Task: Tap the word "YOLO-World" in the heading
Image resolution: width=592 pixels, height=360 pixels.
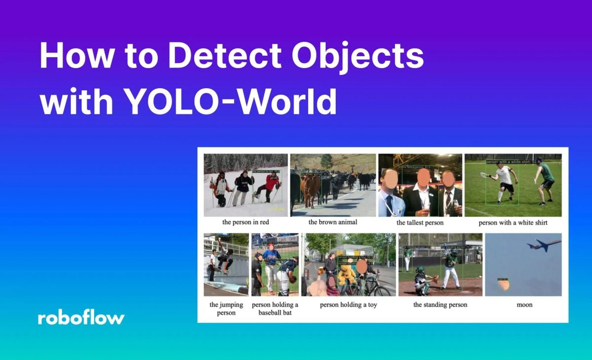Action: (x=230, y=102)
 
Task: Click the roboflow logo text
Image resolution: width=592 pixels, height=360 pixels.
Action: (x=81, y=318)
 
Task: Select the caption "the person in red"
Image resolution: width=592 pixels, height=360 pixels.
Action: (x=246, y=222)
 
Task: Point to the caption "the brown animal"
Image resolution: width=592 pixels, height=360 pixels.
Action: (x=333, y=222)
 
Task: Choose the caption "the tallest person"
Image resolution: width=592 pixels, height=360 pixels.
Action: (x=420, y=222)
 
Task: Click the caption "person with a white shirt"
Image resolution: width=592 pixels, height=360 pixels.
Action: (x=513, y=222)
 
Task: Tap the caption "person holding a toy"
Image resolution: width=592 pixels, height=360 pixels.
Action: (x=348, y=305)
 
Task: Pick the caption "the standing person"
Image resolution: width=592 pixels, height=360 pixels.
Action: (x=440, y=305)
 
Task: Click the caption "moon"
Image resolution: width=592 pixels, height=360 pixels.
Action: (x=524, y=305)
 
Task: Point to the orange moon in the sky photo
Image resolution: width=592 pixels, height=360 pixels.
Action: (x=503, y=284)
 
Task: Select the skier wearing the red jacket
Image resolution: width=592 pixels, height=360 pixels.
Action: (x=270, y=186)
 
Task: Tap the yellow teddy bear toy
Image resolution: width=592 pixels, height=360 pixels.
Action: (x=346, y=276)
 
